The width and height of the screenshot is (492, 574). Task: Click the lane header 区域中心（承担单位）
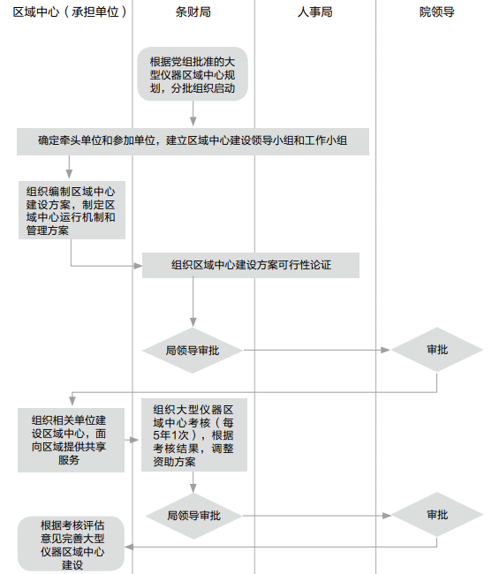pyautogui.click(x=70, y=12)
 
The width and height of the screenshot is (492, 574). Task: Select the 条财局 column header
pyautogui.click(x=193, y=12)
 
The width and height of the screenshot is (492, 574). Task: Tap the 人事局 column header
pyautogui.click(x=314, y=12)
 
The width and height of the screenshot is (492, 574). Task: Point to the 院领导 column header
pyautogui.click(x=436, y=12)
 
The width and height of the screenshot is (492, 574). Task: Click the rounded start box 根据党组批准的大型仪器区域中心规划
pyautogui.click(x=193, y=74)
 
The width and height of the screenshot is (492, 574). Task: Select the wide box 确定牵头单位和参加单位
pyautogui.click(x=193, y=141)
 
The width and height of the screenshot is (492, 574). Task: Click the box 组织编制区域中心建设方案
pyautogui.click(x=72, y=210)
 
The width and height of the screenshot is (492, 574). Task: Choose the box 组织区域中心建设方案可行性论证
pyautogui.click(x=251, y=265)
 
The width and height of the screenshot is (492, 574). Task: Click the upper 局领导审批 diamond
pyautogui.click(x=193, y=351)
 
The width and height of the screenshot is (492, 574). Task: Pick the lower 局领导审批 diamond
pyautogui.click(x=193, y=516)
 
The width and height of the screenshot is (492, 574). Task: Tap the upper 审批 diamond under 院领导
pyautogui.click(x=437, y=350)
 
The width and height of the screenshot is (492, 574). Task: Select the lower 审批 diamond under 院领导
pyautogui.click(x=437, y=515)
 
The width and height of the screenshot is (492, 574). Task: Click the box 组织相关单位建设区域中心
pyautogui.click(x=71, y=440)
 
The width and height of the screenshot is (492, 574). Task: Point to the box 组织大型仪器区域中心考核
pyautogui.click(x=194, y=434)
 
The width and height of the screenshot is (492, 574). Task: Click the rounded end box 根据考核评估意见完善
pyautogui.click(x=71, y=544)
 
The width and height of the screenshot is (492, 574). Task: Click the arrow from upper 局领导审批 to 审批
pyautogui.click(x=317, y=351)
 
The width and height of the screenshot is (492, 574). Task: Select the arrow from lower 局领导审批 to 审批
pyautogui.click(x=317, y=516)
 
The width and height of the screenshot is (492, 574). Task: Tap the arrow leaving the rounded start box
pyautogui.click(x=193, y=114)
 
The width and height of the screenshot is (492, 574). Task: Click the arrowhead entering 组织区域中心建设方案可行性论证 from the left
pyautogui.click(x=138, y=266)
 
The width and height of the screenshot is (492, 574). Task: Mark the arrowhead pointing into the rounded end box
pyautogui.click(x=129, y=547)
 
